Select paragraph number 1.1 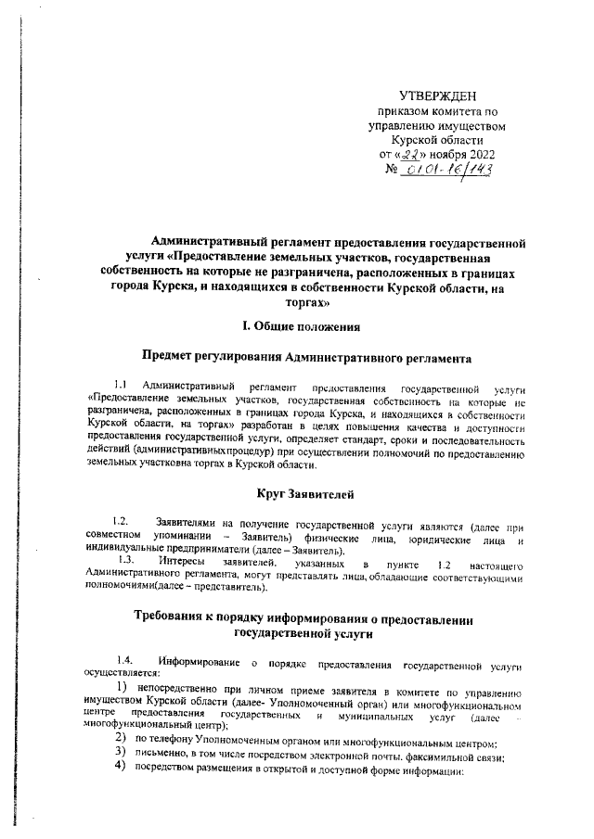(x=121, y=385)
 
